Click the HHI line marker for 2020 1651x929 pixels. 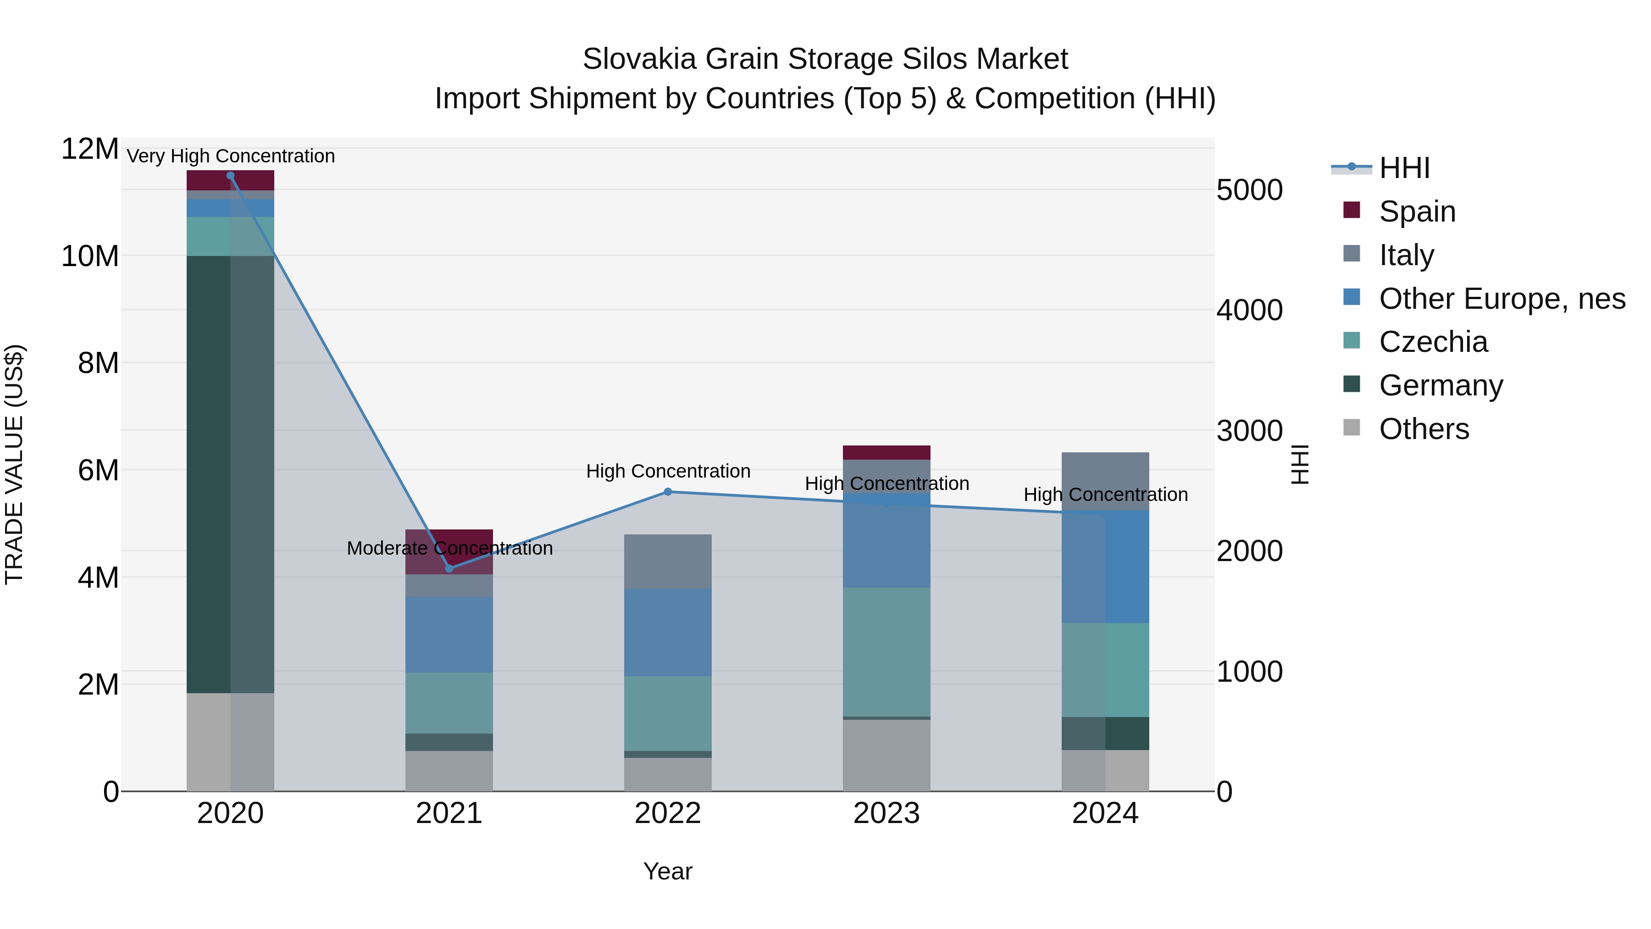230,175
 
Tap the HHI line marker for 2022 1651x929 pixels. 667,492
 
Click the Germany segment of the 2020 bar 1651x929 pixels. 230,474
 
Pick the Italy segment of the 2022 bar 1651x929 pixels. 667,561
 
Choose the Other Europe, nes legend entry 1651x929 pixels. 1501,299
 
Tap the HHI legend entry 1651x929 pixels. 1404,168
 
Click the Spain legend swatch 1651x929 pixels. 1351,210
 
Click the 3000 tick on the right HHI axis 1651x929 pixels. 1249,430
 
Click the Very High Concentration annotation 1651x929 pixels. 231,156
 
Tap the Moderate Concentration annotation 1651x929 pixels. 449,548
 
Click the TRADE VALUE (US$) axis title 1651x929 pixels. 14,464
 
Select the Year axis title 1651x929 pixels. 667,871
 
